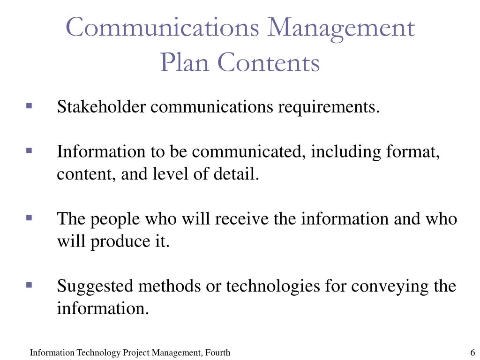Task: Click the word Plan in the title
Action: [185, 62]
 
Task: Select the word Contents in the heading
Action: [269, 62]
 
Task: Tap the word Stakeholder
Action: [101, 106]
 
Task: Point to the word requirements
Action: [329, 107]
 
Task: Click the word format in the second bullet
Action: [412, 151]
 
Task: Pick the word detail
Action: [236, 173]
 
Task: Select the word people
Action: [115, 219]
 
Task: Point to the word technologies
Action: [273, 287]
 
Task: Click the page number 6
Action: [472, 352]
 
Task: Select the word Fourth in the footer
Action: [217, 352]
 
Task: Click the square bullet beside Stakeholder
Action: [29, 106]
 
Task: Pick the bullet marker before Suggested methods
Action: [29, 285]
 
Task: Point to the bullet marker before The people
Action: [29, 218]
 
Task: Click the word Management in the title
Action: [341, 28]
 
